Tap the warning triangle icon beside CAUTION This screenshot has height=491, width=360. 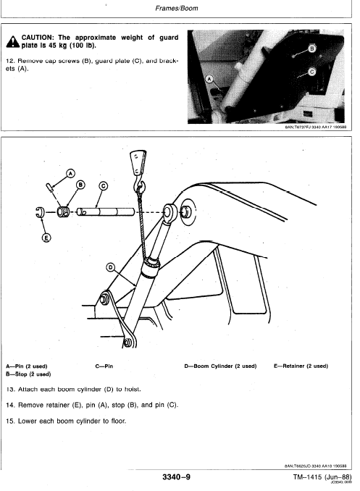click(12, 40)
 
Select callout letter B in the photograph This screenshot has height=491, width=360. click(312, 49)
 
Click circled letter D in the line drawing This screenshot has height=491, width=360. click(111, 267)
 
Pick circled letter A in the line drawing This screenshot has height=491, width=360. click(70, 173)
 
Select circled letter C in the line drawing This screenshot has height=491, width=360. click(103, 186)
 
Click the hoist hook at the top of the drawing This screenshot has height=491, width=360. click(137, 161)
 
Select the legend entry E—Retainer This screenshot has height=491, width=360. click(301, 366)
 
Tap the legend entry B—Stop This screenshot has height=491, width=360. click(29, 375)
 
